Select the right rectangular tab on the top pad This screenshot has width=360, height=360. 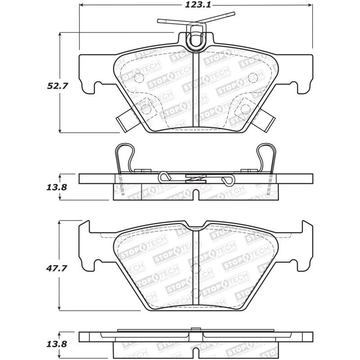[267, 121]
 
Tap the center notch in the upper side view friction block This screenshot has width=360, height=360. [194, 195]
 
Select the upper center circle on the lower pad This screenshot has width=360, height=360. [194, 268]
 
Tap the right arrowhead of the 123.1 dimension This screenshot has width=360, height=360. [310, 5]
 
